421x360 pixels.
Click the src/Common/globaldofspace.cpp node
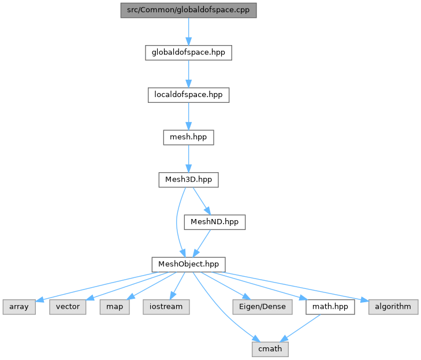pyautogui.click(x=188, y=10)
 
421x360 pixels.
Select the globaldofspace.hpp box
pyautogui.click(x=188, y=53)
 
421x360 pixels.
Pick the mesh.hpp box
pyautogui.click(x=188, y=138)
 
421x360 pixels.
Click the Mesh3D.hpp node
pyautogui.click(x=188, y=180)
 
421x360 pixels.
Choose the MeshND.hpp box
pyautogui.click(x=214, y=222)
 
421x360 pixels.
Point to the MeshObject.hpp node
pyautogui.click(x=188, y=264)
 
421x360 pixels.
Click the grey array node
pyautogui.click(x=19, y=307)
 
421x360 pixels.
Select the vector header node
pyautogui.click(x=68, y=307)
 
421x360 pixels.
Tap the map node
pyautogui.click(x=111, y=307)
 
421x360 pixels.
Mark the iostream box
pyautogui.click(x=166, y=307)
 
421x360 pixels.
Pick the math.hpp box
pyautogui.click(x=330, y=307)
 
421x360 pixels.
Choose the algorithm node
pyautogui.click(x=393, y=307)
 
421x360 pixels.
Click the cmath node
pyautogui.click(x=270, y=349)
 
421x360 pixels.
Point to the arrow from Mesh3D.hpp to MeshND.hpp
pyautogui.click(x=201, y=201)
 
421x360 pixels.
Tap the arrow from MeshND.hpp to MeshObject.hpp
pyautogui.click(x=202, y=243)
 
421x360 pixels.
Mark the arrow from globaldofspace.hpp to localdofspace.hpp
pyautogui.click(x=188, y=73)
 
